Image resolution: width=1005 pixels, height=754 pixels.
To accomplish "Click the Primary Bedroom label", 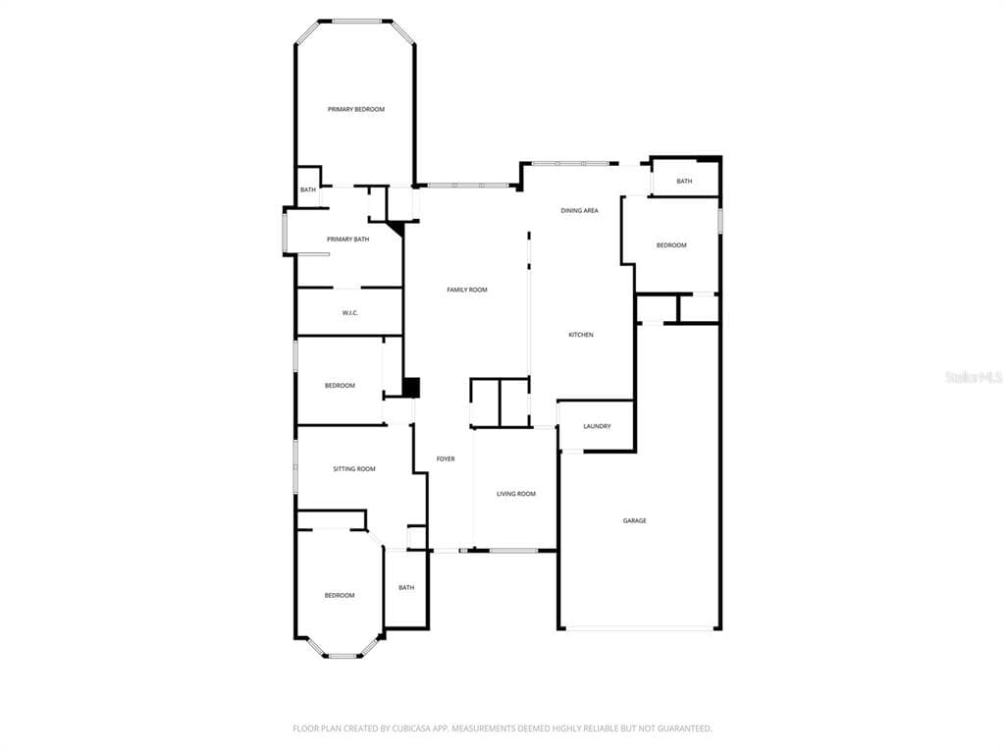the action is click(356, 110).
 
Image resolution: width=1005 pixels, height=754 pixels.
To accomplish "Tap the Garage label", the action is click(635, 520).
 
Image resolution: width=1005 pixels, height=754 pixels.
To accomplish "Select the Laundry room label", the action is click(597, 426).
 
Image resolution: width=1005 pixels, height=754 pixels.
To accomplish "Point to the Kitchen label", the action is click(581, 335).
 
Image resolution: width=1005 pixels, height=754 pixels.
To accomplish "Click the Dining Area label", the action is click(579, 210).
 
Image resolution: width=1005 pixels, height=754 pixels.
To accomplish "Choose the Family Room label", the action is click(466, 290).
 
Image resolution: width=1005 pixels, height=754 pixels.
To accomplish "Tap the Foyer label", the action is click(446, 459).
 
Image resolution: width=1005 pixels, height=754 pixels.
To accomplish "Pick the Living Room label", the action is click(516, 494).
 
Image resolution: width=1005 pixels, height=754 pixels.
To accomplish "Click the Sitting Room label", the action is click(353, 468).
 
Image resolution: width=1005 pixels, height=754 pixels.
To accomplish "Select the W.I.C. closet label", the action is click(350, 313).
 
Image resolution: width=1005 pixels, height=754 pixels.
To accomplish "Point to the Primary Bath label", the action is click(348, 240).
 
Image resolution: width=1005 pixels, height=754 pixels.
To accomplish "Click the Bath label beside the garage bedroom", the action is click(684, 182).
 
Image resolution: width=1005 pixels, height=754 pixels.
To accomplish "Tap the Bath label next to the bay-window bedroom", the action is click(406, 587).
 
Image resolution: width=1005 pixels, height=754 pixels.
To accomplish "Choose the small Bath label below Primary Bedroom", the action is click(308, 189).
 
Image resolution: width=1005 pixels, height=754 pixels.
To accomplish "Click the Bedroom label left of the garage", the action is click(671, 245).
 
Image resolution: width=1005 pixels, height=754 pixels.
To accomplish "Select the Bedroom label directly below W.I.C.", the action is click(340, 385).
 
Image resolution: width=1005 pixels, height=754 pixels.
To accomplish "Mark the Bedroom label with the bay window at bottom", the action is click(339, 596).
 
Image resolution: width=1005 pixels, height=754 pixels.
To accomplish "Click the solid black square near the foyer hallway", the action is click(411, 387).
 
